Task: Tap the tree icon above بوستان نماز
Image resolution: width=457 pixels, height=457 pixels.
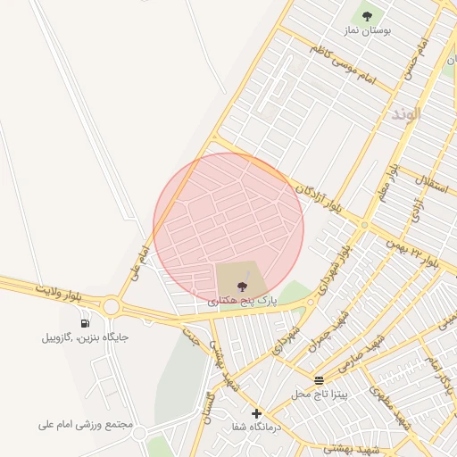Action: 367,14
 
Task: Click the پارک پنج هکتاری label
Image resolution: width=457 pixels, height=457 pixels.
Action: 243,302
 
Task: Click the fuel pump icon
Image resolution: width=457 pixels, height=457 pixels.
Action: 85,323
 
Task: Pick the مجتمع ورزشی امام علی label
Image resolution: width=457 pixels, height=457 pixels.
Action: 86,425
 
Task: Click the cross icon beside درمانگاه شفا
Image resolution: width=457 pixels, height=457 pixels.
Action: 257,413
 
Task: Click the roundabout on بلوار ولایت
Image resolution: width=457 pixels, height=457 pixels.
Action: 111,307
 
